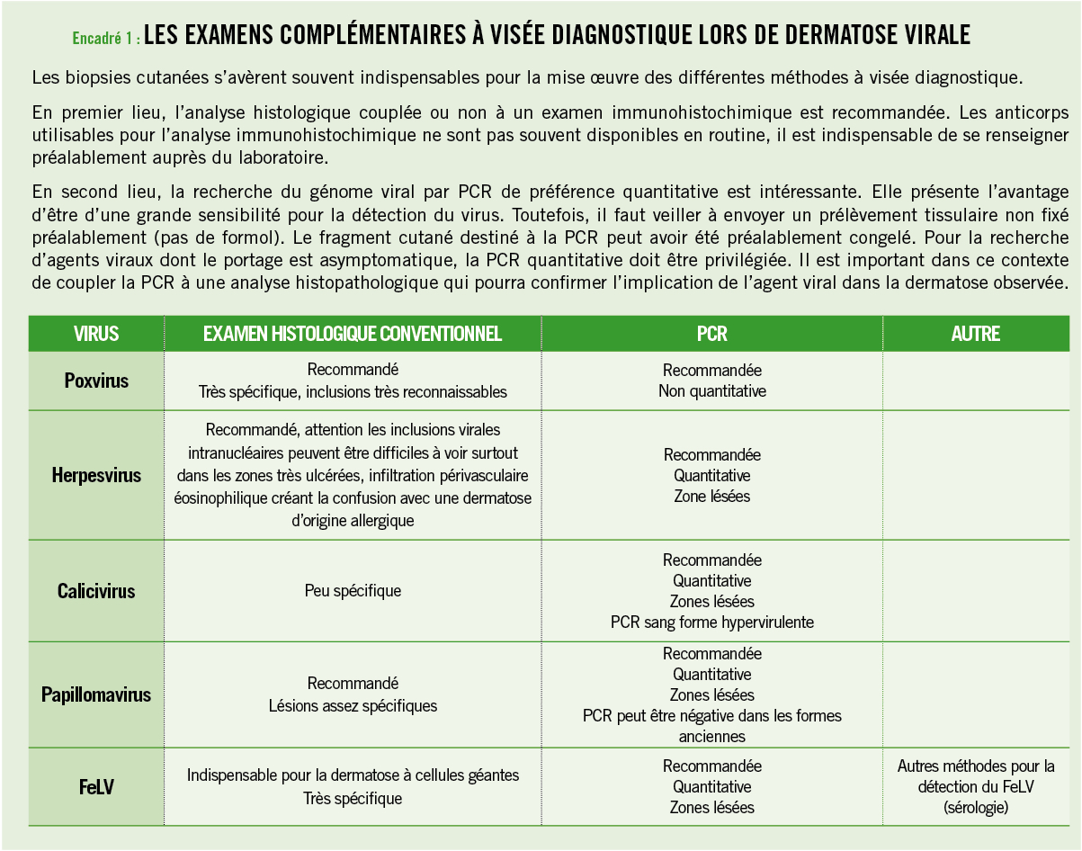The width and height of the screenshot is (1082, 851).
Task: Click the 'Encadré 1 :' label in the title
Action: coord(105,38)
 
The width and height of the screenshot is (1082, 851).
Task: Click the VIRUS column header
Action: coord(96,334)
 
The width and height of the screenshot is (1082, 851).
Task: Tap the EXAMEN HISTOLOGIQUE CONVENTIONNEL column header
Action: coord(353,334)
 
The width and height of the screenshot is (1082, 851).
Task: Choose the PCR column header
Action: coord(711,334)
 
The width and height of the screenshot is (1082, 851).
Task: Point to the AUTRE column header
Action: coord(976,334)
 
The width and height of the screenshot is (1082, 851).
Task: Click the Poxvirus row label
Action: coord(96,381)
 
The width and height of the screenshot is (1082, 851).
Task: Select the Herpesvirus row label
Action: coord(96,475)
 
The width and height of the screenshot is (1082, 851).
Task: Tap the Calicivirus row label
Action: coord(96,591)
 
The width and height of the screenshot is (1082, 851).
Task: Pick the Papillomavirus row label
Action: coord(96,694)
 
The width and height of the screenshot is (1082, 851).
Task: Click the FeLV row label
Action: coord(96,787)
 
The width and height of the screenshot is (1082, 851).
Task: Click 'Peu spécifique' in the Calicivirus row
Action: coord(353,591)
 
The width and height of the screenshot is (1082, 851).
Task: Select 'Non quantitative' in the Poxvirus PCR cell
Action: coord(711,391)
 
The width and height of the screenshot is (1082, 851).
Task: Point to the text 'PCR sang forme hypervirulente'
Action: coord(711,622)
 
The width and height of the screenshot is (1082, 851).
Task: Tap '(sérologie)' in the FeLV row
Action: coord(976,808)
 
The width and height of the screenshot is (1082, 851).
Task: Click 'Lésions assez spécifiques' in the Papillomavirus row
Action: coord(353,706)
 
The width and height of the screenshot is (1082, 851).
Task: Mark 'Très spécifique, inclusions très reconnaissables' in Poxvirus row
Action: coord(353,392)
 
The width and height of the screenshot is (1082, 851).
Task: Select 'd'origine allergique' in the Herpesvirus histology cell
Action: coord(353,521)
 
